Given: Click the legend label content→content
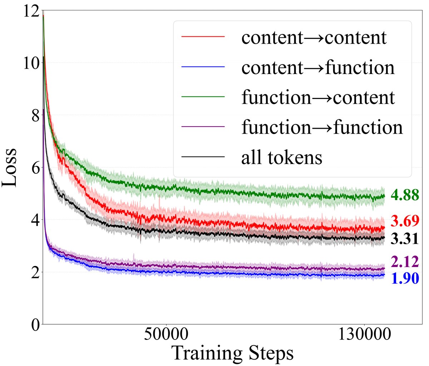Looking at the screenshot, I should [314, 37].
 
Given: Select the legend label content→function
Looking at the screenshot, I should [318, 67].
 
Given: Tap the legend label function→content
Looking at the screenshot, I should [318, 97].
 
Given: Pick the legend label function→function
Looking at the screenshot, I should [322, 127].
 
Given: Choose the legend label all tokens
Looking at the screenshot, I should [282, 157].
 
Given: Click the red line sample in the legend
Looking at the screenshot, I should [203, 37].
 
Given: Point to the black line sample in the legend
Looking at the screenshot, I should [203, 157].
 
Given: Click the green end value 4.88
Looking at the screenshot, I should [404, 195].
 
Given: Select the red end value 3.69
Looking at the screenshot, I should [404, 221].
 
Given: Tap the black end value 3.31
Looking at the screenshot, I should [404, 239].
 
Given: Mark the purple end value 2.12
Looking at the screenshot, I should [404, 262].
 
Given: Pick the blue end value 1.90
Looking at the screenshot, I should [404, 278].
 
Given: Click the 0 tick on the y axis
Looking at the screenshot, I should [34, 324].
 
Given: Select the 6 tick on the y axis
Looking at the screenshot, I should [34, 167].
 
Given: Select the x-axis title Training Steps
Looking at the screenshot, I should [233, 354].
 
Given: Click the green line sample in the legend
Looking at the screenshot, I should [203, 97].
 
